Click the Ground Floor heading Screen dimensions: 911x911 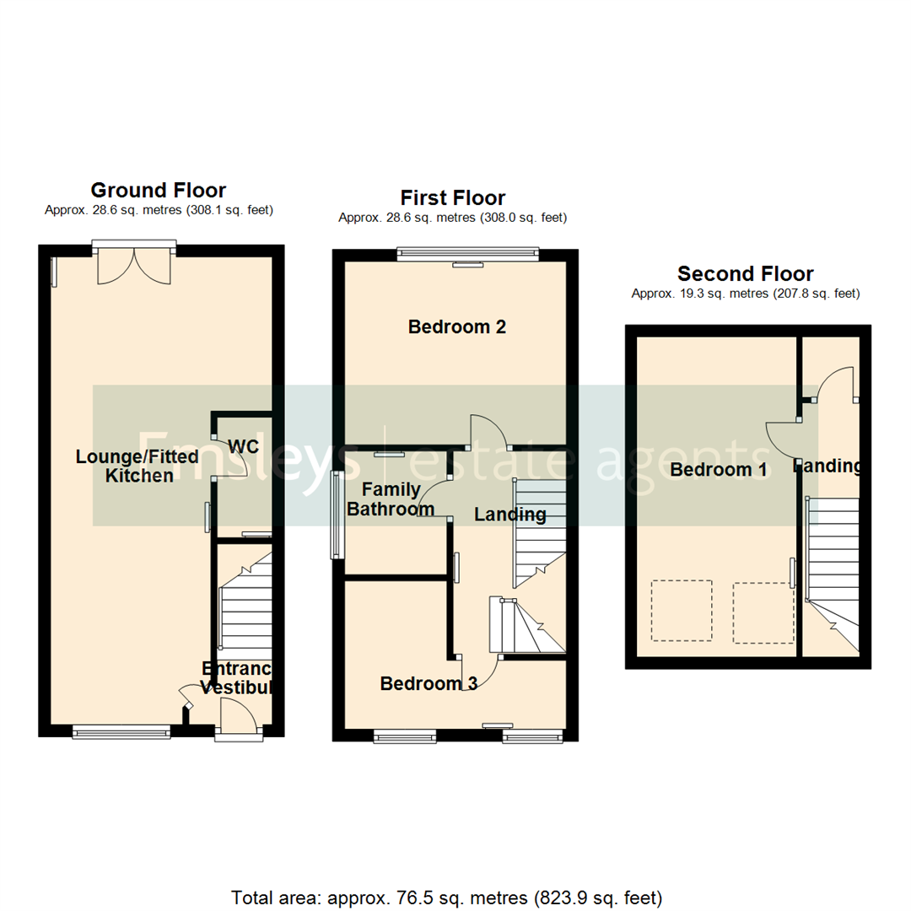click(x=158, y=190)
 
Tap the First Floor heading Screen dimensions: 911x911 click(x=452, y=198)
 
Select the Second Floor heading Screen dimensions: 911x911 click(x=745, y=274)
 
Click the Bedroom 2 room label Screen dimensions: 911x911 click(x=456, y=326)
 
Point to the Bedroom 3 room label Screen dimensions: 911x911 click(x=429, y=683)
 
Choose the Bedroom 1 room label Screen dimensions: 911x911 click(x=718, y=470)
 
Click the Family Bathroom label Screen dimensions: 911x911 click(x=397, y=499)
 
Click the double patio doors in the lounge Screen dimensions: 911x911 click(x=134, y=265)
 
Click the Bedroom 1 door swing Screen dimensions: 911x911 click(x=782, y=438)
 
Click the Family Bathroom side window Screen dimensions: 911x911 click(x=337, y=515)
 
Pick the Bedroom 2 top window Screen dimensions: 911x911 click(x=467, y=251)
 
